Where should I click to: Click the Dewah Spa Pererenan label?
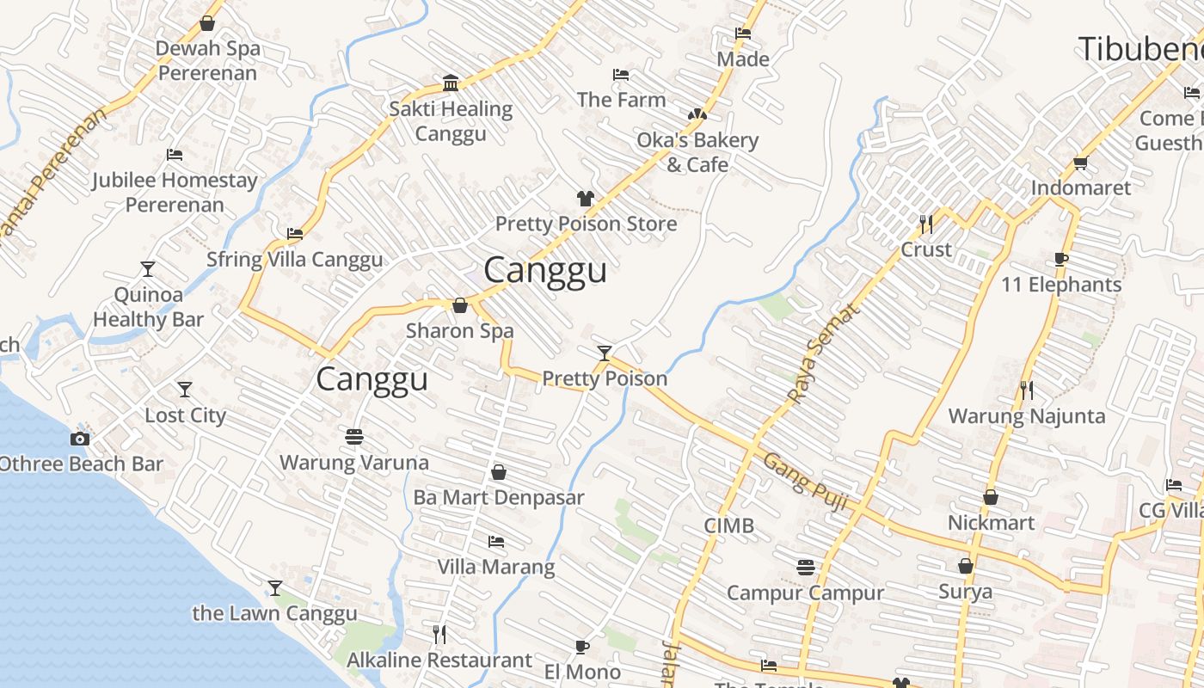click(x=207, y=60)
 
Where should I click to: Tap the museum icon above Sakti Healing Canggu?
click(x=451, y=83)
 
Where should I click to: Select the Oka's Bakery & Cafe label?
click(x=697, y=151)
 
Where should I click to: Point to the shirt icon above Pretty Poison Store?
click(x=586, y=199)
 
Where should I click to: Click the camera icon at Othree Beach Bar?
click(x=79, y=439)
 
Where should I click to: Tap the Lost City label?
click(x=185, y=415)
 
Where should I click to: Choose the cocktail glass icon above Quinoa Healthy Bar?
click(x=148, y=269)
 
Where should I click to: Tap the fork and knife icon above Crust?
click(x=925, y=224)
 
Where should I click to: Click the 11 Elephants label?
click(x=1062, y=284)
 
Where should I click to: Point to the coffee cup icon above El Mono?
click(x=582, y=647)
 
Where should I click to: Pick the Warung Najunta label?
click(x=1026, y=416)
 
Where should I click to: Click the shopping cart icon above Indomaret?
click(x=1080, y=163)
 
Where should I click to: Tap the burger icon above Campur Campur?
click(x=806, y=567)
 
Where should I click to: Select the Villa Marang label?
click(x=496, y=567)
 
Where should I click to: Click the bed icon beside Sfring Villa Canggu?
click(x=294, y=233)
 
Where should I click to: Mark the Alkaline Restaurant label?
click(x=439, y=660)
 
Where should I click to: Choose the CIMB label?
click(x=728, y=525)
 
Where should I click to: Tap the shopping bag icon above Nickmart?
click(x=991, y=497)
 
